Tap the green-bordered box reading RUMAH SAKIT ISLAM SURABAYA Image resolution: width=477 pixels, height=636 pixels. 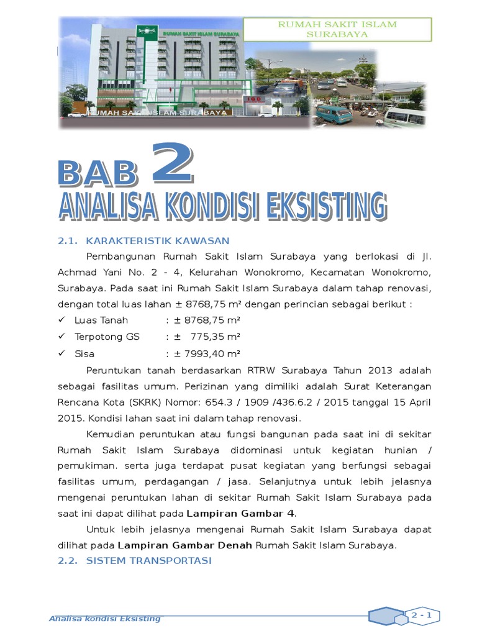point(337,29)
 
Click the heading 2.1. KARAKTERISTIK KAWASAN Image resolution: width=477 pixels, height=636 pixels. point(143,241)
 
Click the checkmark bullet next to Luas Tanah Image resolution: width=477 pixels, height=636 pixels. point(61,320)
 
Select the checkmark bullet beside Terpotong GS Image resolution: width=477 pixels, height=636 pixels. point(61,337)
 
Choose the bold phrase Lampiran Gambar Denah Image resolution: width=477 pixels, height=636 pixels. point(185,546)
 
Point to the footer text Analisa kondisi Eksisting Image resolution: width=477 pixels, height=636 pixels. point(105,619)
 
